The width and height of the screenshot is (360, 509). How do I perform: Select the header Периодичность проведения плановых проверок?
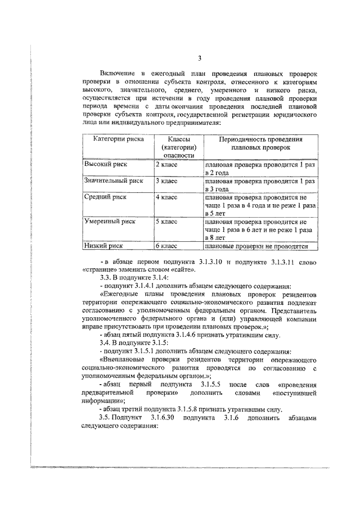click(x=260, y=143)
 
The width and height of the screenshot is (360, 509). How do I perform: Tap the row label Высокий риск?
click(x=106, y=165)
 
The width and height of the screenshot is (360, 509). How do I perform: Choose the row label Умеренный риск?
click(x=110, y=222)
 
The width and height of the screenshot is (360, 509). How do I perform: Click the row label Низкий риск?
click(x=103, y=246)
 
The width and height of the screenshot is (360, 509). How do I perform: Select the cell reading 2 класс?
click(x=166, y=165)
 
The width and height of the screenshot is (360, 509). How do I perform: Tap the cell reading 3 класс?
click(x=166, y=181)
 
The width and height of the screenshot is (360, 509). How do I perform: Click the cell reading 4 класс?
click(x=166, y=197)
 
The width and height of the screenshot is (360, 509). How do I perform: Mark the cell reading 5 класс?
click(x=166, y=222)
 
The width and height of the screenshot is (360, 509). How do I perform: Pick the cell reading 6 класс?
click(x=166, y=246)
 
